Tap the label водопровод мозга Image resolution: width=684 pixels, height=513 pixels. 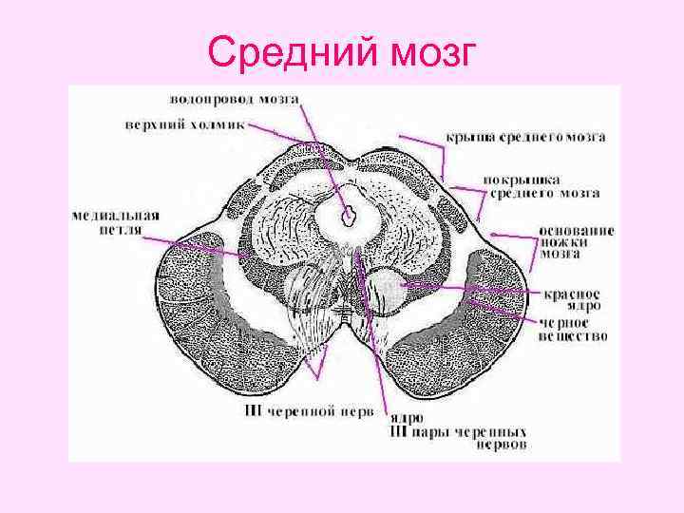pos(235,99)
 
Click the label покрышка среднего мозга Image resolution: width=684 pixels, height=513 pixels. pos(540,186)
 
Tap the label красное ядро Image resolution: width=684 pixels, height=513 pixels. pos(573,300)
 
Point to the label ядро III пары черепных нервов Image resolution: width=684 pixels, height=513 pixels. pos(458,430)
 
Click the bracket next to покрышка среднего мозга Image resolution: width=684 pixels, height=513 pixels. pos(465,190)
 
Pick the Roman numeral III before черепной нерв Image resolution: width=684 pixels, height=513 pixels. pos(249,411)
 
